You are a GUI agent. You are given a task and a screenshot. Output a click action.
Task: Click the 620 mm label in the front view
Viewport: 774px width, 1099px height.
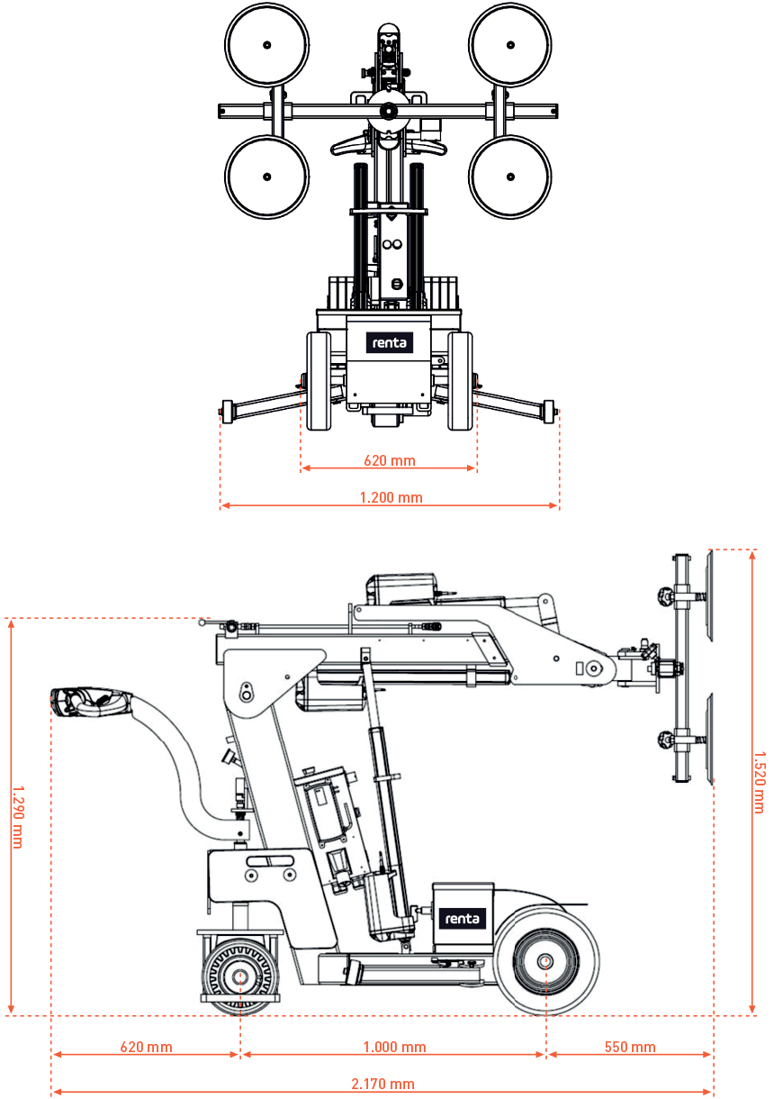(x=390, y=460)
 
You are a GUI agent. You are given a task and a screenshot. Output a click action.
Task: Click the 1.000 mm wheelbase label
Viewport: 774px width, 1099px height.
(x=394, y=1047)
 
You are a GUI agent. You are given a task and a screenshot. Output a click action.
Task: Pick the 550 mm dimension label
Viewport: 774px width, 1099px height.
(x=630, y=1047)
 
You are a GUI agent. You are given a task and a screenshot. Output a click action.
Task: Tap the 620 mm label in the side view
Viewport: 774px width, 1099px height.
(x=146, y=1047)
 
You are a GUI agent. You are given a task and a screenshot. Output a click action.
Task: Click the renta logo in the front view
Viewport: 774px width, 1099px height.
(x=389, y=342)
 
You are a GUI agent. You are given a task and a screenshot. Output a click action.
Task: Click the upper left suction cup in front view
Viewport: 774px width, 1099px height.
(x=267, y=45)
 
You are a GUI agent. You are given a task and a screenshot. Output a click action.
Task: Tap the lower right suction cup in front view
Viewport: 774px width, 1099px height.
(x=510, y=177)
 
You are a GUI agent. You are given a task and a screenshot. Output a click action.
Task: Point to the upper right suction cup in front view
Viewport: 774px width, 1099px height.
(x=510, y=45)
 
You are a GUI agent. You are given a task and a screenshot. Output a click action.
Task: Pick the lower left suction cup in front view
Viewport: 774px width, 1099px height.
(x=267, y=177)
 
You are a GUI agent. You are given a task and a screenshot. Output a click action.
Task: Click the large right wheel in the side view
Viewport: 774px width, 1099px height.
(x=546, y=961)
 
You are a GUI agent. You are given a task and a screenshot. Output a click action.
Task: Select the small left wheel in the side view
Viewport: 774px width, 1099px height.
(x=240, y=976)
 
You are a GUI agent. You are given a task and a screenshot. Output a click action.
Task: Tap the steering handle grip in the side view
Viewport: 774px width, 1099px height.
(x=85, y=701)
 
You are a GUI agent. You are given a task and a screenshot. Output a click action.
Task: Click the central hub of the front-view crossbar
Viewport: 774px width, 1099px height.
(x=388, y=111)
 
